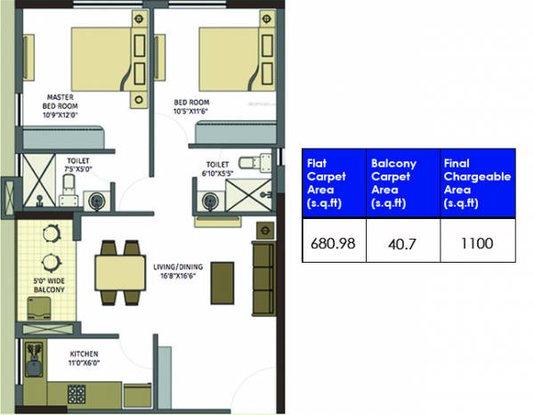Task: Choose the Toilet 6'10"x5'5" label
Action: point(218,169)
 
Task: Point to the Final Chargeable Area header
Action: point(477,183)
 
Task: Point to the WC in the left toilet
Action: point(68,185)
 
